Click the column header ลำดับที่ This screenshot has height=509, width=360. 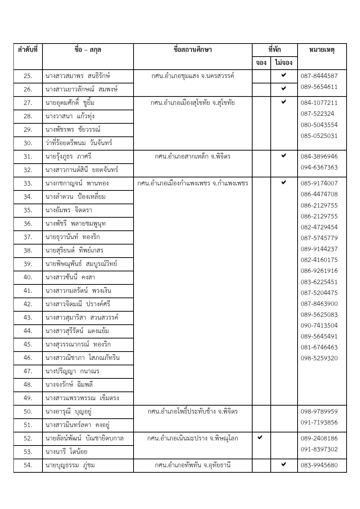click(x=28, y=50)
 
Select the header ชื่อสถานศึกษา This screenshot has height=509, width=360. click(x=193, y=50)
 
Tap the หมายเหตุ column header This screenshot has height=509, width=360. click(x=322, y=50)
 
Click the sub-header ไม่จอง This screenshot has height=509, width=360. click(x=284, y=63)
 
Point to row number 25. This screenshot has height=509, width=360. click(x=28, y=76)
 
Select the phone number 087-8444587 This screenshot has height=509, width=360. click(x=319, y=76)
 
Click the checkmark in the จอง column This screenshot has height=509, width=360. click(x=260, y=438)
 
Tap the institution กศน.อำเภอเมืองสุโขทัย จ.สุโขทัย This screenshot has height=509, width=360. click(x=193, y=103)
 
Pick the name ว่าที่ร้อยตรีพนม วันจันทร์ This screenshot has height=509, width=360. click(x=79, y=143)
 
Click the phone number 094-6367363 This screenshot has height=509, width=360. click(x=319, y=167)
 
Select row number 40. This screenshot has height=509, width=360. click(x=28, y=277)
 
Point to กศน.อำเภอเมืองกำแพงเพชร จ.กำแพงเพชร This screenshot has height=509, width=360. click(x=193, y=183)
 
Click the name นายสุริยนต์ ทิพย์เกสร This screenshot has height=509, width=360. click(x=74, y=250)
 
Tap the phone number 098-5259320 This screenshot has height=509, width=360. click(x=319, y=358)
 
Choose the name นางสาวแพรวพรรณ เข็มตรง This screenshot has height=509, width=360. click(x=82, y=398)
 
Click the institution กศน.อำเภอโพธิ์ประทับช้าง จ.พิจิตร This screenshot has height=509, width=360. click(x=193, y=411)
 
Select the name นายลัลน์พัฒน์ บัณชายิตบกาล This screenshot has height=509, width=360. click(x=85, y=438)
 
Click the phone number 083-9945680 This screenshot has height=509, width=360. click(x=319, y=465)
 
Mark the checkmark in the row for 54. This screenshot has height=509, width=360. click(x=284, y=464)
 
